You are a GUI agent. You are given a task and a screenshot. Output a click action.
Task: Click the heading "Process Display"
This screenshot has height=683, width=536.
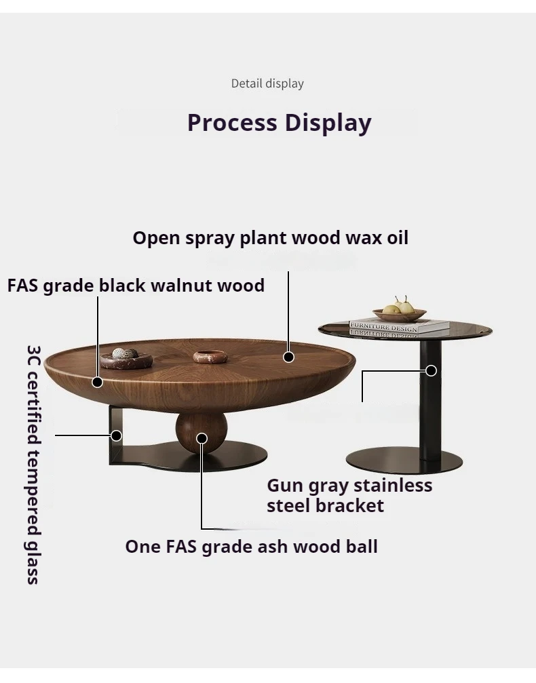279,123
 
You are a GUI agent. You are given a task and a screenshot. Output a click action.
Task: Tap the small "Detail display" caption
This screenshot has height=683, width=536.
267,83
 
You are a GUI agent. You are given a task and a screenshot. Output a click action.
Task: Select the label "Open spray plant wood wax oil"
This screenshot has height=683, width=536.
270,238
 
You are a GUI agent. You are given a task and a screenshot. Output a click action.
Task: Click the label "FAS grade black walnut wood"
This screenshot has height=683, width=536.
136,285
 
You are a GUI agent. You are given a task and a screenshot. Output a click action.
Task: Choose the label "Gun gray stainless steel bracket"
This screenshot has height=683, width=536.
349,495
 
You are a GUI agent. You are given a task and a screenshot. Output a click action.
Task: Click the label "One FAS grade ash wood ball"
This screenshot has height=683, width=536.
251,547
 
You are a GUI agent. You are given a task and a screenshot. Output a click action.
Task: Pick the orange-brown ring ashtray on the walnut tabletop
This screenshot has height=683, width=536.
210,356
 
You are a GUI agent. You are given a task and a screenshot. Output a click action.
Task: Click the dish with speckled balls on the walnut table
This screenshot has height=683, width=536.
126,357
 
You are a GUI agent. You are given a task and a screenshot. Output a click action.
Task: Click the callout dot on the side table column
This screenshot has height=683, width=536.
431,370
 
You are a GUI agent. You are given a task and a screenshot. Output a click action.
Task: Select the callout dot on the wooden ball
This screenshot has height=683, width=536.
202,438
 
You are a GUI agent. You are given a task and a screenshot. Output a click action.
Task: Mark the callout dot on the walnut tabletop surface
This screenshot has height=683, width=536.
289,357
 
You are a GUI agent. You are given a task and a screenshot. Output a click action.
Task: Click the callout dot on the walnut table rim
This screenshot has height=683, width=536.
98,383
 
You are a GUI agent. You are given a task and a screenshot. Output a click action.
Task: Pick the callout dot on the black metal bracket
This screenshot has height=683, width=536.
117,435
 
